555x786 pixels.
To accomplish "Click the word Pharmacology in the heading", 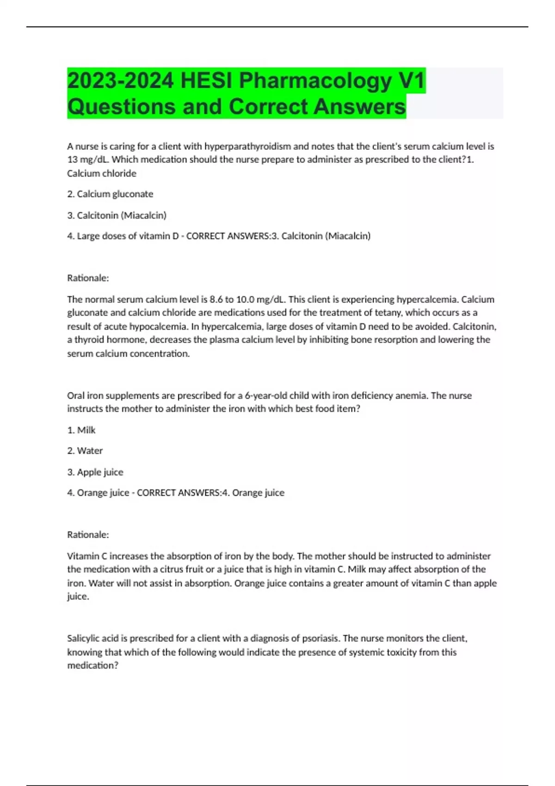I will (315, 81).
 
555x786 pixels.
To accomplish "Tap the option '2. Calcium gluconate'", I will (110, 194).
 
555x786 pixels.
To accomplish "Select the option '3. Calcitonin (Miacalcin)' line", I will (117, 215).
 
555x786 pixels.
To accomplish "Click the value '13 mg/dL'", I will (87, 160).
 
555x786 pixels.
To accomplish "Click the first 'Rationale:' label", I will (88, 278).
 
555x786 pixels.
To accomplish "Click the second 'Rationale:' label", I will (88, 535).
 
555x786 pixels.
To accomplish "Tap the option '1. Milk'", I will (81, 430).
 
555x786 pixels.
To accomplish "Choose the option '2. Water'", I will (85, 451).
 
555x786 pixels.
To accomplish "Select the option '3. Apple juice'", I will (95, 473).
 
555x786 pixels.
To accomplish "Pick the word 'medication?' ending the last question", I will (93, 666).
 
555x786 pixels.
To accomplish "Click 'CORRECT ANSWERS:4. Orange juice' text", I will (210, 493).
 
